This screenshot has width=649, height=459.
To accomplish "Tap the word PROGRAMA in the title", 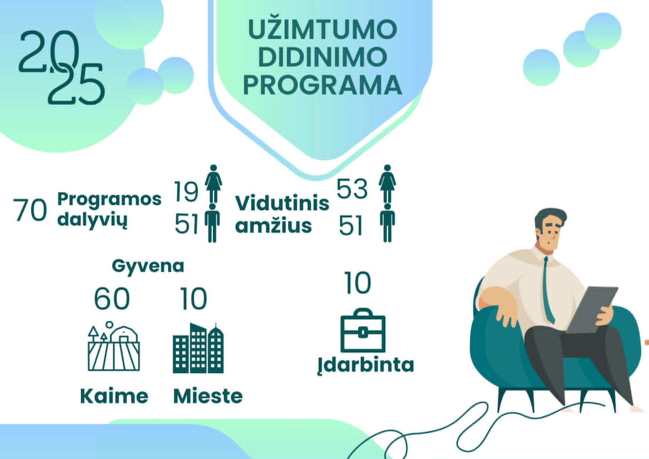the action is pos(323,85).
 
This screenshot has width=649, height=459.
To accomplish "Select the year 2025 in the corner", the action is pos(62,68).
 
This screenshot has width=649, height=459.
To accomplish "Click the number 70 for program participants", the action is pos(30,210).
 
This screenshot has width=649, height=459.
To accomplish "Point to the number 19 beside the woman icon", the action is pos(186,191).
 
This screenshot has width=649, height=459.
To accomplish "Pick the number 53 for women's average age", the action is pos(352,189).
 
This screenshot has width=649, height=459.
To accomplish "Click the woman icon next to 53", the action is pos(387,184).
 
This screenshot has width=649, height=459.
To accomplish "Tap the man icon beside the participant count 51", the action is pos(212,223).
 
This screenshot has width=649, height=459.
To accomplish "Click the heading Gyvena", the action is pos(148,266).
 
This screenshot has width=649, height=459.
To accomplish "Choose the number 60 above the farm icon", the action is pos(112,298).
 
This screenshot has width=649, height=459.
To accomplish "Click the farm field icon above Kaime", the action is pos(114,346).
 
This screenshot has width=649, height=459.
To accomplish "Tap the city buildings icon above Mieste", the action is pos(198,348).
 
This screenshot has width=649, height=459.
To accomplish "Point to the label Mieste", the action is pos(208,396).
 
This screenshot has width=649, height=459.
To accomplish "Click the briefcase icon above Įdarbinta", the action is pos(363,330).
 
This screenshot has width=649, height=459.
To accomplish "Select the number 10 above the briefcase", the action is pos(358,283).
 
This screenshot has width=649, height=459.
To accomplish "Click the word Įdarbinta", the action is pos(366,365).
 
